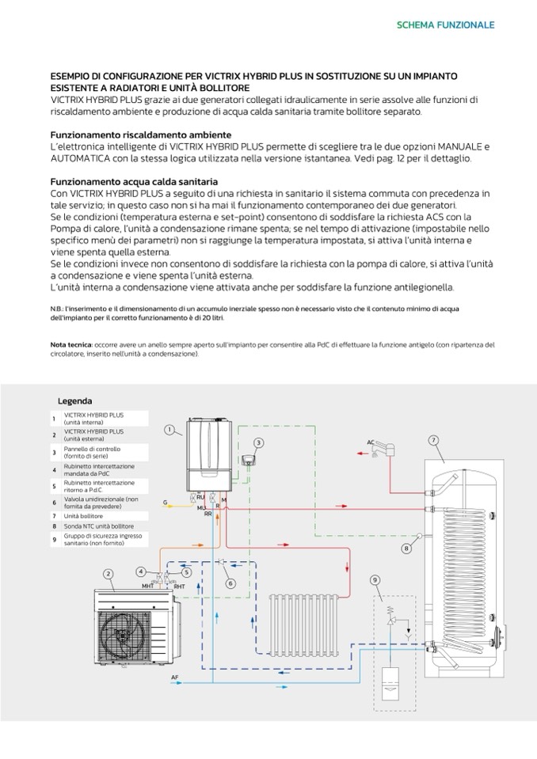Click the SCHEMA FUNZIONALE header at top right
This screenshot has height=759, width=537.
pos(445,25)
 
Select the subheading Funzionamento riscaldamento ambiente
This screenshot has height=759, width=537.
pos(141,135)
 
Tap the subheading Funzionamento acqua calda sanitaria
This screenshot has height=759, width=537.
pos(134,182)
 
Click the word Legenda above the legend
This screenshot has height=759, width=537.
pos(74,401)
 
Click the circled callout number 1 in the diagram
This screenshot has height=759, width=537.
pos(169,430)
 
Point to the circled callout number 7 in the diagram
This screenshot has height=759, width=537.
pos(433,439)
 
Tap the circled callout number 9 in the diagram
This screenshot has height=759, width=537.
pos(375,579)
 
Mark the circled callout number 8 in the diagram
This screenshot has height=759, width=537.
pos(406,548)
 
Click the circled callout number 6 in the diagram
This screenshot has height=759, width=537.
pos(230,583)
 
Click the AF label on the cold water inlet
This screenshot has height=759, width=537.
pos(175,678)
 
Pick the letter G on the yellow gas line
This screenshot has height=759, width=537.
pos(165,503)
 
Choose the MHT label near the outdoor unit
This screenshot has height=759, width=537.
pos(147,586)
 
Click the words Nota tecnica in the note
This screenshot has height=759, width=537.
pos(70,345)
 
